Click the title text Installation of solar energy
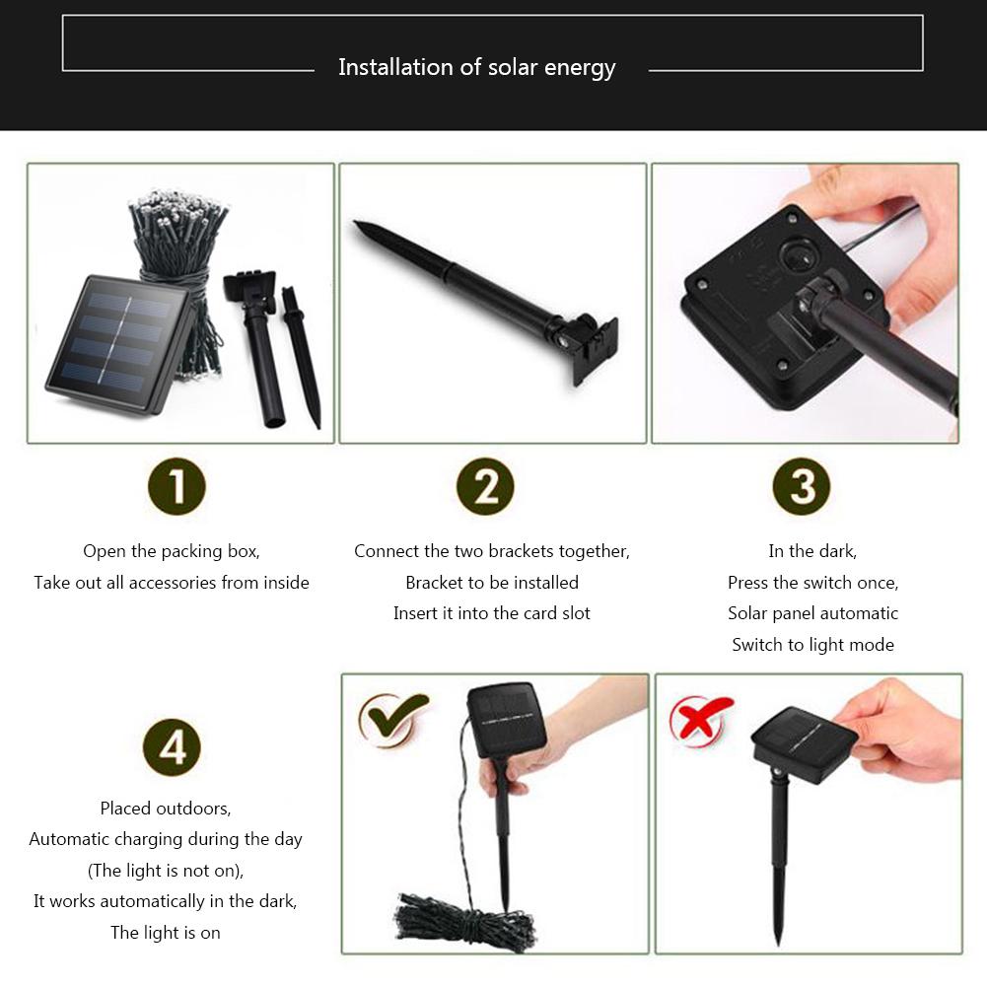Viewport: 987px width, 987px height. [476, 67]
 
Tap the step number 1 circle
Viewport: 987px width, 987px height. [176, 487]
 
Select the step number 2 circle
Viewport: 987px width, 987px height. [485, 487]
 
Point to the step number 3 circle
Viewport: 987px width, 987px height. [802, 487]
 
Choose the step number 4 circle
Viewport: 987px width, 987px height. [172, 746]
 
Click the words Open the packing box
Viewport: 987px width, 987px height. [172, 551]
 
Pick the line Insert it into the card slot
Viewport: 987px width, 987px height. [491, 613]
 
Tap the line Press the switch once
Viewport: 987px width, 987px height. [812, 583]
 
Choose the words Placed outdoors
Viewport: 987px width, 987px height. [166, 809]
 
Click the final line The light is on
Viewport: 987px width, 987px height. [166, 932]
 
